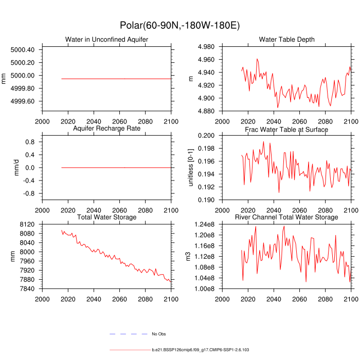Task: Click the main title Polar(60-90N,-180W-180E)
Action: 180,25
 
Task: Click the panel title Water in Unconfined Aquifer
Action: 106,40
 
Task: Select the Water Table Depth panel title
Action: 286,40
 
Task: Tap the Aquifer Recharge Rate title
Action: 106,128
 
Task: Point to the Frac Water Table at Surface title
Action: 286,130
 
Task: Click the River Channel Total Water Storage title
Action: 286,218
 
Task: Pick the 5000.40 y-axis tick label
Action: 22,50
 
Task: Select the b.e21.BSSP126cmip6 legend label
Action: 200,350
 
